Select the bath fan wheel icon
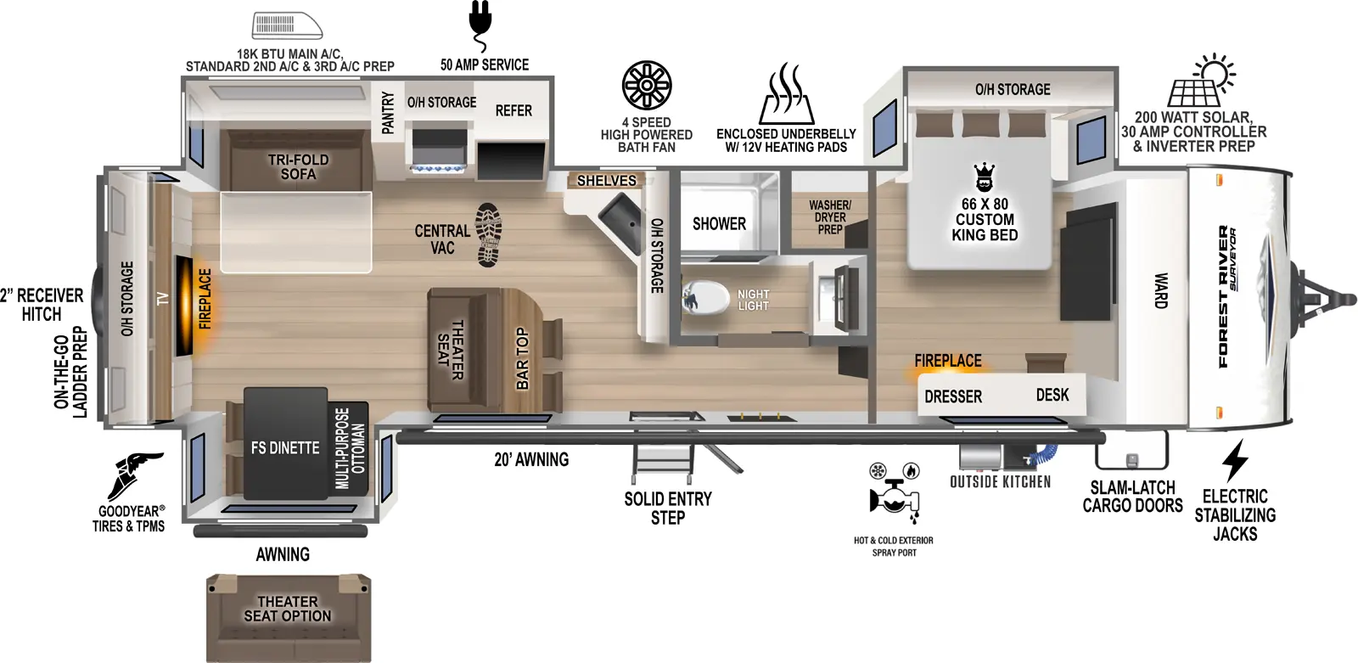pos(647,86)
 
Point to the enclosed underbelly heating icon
pos(786,94)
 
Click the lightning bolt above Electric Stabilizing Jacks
pos(1235,460)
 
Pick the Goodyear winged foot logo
pos(133,475)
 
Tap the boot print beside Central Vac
pos(489,234)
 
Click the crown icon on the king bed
pos(985,177)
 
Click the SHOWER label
pos(719,224)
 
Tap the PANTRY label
pos(388,113)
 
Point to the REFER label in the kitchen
pos(513,111)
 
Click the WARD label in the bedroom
pos(1160,290)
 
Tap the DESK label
pos(1052,395)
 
